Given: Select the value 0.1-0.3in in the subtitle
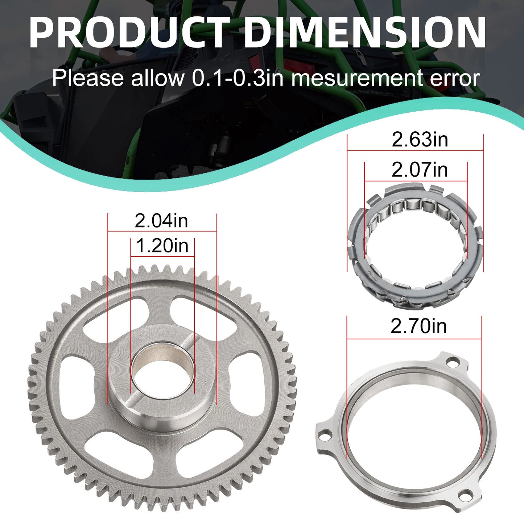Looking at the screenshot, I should [x=238, y=78].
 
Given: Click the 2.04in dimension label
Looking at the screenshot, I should [x=161, y=220].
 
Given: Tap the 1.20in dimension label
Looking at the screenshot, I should [x=162, y=246].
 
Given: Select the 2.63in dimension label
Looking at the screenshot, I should [x=420, y=140].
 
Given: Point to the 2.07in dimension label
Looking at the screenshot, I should [x=420, y=170].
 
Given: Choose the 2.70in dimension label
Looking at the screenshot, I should [x=418, y=326].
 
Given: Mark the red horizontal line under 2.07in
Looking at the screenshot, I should [x=416, y=181].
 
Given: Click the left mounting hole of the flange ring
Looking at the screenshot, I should [x=325, y=434].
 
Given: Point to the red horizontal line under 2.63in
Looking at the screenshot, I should [x=415, y=150].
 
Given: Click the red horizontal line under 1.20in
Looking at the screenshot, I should [x=162, y=256].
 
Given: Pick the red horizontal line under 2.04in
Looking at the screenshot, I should [x=162, y=231].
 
